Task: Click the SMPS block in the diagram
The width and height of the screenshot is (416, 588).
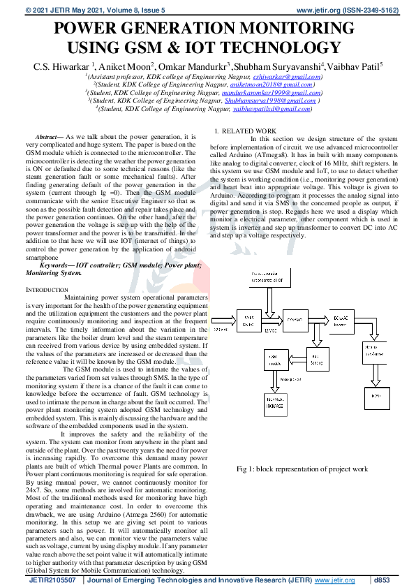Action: click(248, 322)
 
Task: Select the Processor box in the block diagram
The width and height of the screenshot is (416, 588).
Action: click(297, 322)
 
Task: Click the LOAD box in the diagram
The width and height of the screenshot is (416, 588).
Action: click(378, 396)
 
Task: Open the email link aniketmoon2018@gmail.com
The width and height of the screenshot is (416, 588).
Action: click(269, 84)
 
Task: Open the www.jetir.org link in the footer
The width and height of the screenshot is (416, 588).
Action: click(335, 580)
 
